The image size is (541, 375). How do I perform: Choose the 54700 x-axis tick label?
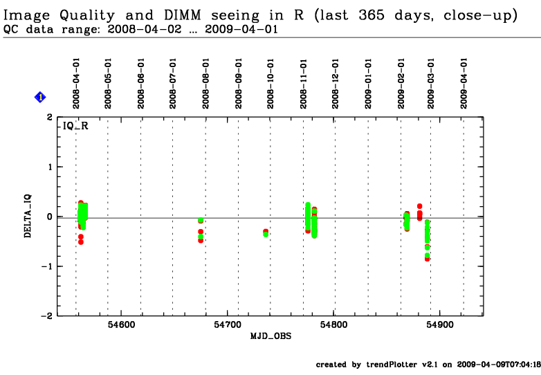(x=227, y=324)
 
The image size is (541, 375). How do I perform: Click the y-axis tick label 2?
(x=49, y=118)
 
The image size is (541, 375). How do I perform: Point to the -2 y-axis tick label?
(x=46, y=316)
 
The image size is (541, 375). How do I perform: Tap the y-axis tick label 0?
(x=49, y=217)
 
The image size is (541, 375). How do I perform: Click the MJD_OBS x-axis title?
(x=270, y=336)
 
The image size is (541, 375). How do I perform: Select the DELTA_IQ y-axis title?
(x=28, y=217)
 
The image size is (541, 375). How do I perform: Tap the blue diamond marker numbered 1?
(x=40, y=98)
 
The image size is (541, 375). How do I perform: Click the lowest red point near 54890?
(x=428, y=259)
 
